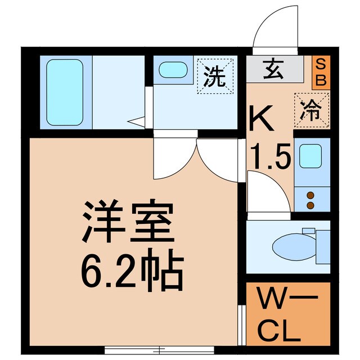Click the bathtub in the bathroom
(65, 92)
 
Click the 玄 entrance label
(274, 70)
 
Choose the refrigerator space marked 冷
(312, 109)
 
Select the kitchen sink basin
(310, 156)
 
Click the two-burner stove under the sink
(310, 197)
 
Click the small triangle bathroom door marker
(135, 120)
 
